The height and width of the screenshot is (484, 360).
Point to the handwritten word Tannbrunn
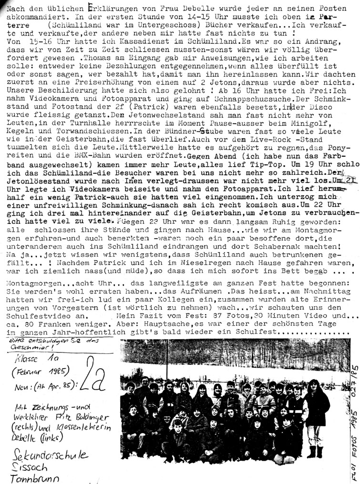click(x=29, y=479)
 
